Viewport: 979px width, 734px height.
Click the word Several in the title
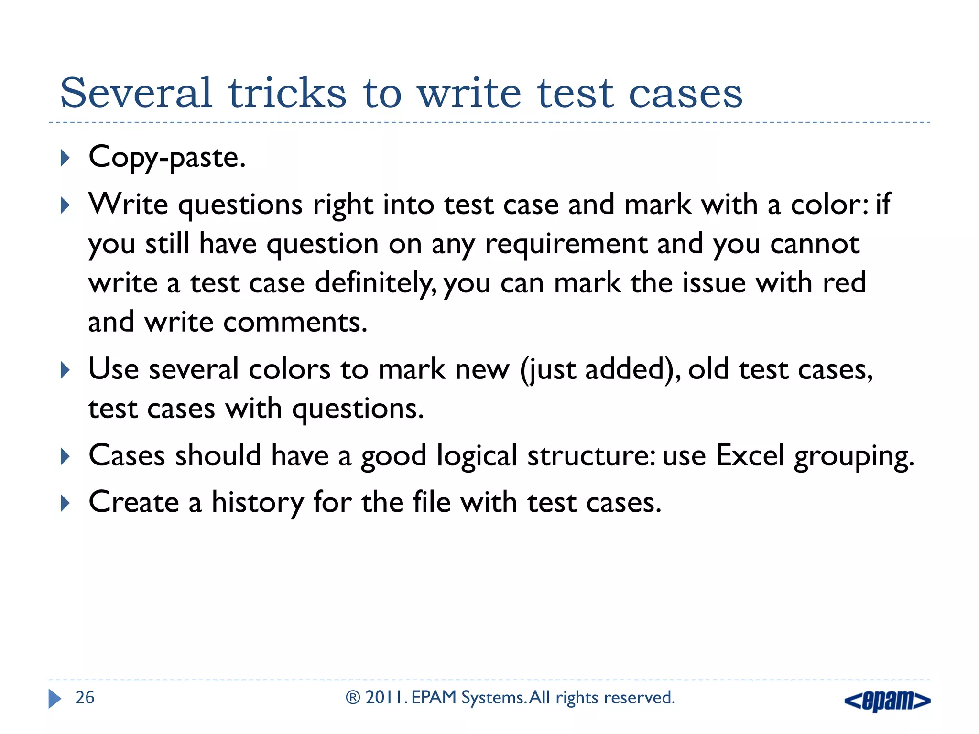click(x=136, y=93)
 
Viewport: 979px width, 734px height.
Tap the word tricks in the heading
click(x=287, y=93)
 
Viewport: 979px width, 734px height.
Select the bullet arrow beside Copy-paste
click(x=65, y=158)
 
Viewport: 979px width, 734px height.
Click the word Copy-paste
click(x=167, y=158)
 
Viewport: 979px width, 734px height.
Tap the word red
click(x=844, y=282)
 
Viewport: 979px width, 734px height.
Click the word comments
click(x=295, y=323)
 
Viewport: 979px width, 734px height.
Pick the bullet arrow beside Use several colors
click(x=65, y=370)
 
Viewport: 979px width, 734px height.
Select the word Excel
click(x=750, y=455)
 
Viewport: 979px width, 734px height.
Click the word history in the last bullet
click(x=257, y=503)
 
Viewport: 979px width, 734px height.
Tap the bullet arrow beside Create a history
click(x=65, y=503)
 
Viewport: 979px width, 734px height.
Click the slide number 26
click(x=85, y=698)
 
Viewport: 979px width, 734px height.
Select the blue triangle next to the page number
click(x=54, y=699)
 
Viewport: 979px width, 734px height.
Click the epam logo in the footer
click(x=887, y=701)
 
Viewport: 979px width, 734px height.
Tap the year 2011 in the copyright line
click(x=385, y=698)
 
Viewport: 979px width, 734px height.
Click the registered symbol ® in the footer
click(x=353, y=698)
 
